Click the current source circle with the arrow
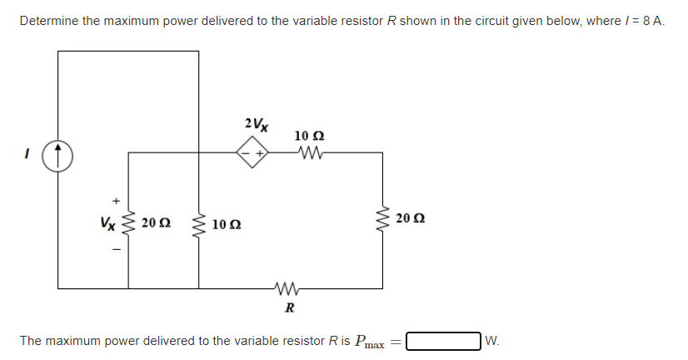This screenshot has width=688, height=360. [x=58, y=153]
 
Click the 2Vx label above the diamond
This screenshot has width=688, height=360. [x=257, y=125]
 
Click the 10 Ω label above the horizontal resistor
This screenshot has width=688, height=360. [x=310, y=135]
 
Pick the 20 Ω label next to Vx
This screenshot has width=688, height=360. [x=156, y=222]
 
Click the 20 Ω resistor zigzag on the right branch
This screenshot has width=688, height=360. [x=383, y=219]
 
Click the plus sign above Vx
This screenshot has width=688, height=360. [x=116, y=200]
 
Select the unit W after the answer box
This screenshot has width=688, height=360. [x=491, y=340]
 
